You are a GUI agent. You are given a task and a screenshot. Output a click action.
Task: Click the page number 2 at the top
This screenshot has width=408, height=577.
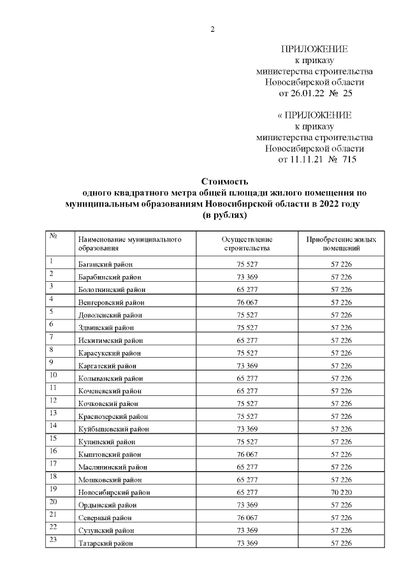click(212, 28)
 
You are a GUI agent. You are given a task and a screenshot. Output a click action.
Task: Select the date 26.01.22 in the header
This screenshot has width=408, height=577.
click(307, 93)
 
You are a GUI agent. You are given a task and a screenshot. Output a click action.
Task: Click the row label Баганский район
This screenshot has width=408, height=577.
click(105, 264)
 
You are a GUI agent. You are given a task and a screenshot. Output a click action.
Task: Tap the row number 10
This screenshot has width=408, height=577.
click(54, 374)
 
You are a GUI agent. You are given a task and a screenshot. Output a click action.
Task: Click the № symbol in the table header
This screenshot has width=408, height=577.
click(54, 235)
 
